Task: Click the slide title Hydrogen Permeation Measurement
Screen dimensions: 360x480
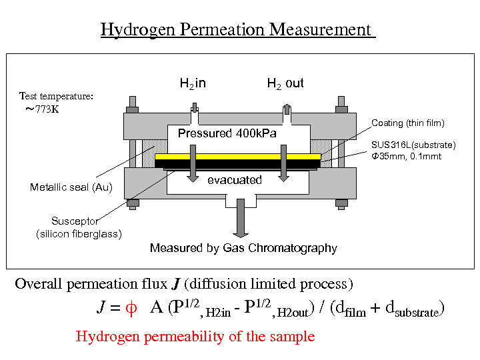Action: [237, 30]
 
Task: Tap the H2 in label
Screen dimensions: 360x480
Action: [193, 83]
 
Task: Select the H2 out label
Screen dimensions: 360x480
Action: [285, 83]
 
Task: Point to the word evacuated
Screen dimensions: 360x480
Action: [235, 180]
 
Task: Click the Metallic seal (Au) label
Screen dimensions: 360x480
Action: [71, 187]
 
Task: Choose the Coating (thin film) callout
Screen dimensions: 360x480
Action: [407, 123]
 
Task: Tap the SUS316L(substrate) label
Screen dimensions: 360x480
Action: [413, 145]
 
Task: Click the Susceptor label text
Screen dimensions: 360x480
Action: [75, 221]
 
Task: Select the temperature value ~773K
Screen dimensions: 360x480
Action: [42, 109]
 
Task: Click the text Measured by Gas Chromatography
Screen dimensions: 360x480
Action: [243, 248]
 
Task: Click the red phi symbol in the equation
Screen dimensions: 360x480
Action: [131, 308]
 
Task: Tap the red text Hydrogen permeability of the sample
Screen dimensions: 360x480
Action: [195, 337]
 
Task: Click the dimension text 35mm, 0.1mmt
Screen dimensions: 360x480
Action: [406, 156]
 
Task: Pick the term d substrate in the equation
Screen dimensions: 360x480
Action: [413, 310]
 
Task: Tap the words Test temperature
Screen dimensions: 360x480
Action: [56, 96]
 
